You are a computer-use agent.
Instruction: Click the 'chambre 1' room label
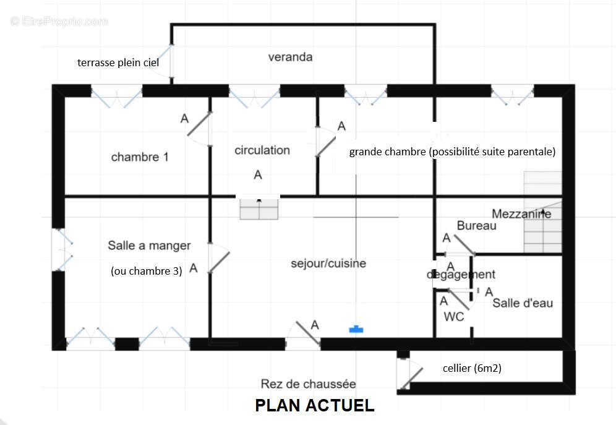pyautogui.click(x=140, y=157)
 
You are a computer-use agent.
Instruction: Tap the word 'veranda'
pyautogui.click(x=290, y=58)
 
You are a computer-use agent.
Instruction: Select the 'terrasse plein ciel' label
pyautogui.click(x=118, y=62)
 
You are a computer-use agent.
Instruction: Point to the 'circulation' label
pyautogui.click(x=262, y=150)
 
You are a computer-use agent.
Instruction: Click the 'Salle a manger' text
pyautogui.click(x=149, y=246)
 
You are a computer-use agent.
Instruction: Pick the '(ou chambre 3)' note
pyautogui.click(x=147, y=270)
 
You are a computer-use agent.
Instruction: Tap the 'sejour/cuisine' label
pyautogui.click(x=328, y=264)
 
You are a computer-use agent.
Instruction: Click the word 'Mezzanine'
pyautogui.click(x=521, y=214)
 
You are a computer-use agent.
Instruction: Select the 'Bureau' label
pyautogui.click(x=477, y=226)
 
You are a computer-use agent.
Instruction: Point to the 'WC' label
pyautogui.click(x=454, y=316)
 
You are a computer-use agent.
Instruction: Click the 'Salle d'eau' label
pyautogui.click(x=523, y=303)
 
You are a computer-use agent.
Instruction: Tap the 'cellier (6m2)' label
pyautogui.click(x=472, y=369)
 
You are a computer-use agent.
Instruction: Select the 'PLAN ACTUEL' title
pyautogui.click(x=315, y=405)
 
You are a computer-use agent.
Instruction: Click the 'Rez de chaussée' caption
pyautogui.click(x=308, y=384)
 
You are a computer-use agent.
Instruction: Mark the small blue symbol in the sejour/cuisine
pyautogui.click(x=356, y=330)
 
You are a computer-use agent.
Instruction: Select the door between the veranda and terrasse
pyautogui.click(x=167, y=61)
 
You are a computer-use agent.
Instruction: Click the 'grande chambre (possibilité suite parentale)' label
pyautogui.click(x=452, y=152)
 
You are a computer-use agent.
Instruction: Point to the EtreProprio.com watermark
pyautogui.click(x=59, y=21)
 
